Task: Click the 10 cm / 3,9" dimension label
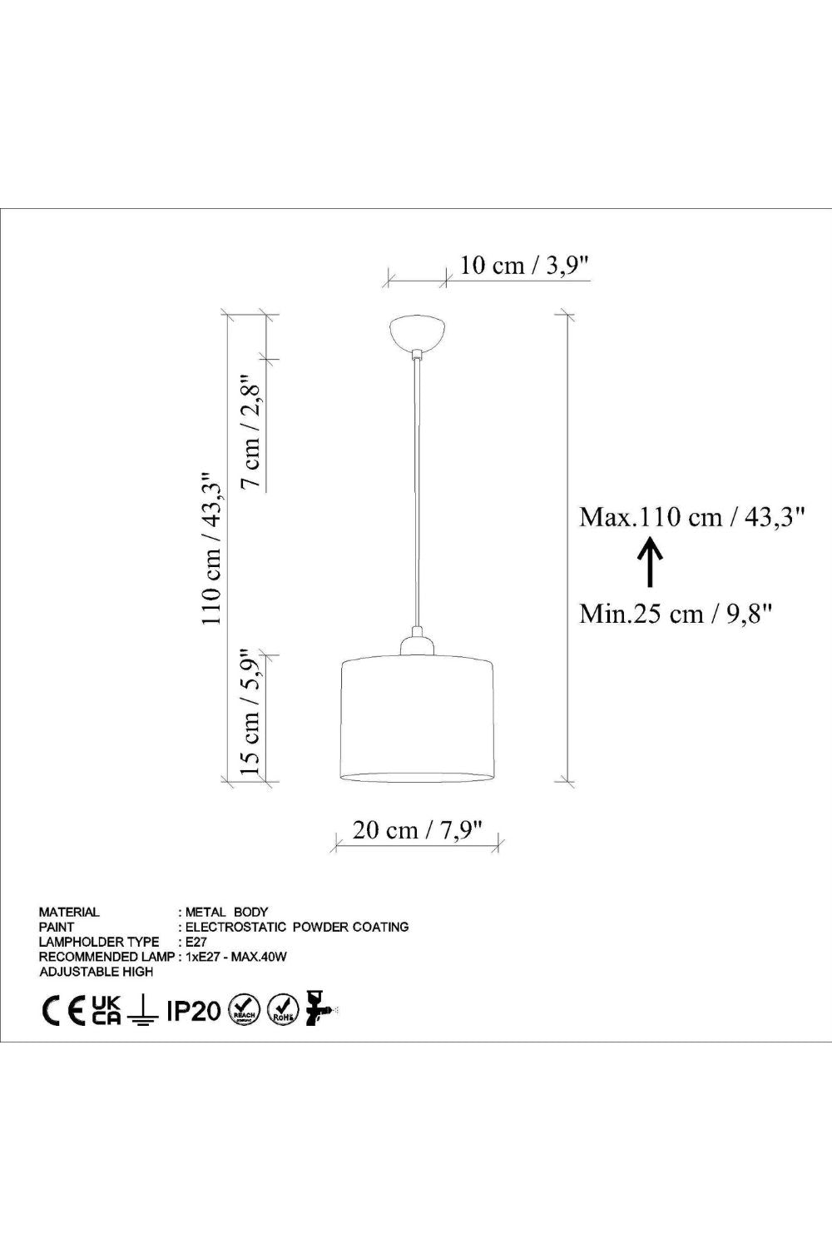(x=524, y=266)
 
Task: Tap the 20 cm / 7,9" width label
(x=417, y=830)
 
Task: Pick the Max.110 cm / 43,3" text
(x=692, y=517)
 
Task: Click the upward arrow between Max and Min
(x=650, y=561)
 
